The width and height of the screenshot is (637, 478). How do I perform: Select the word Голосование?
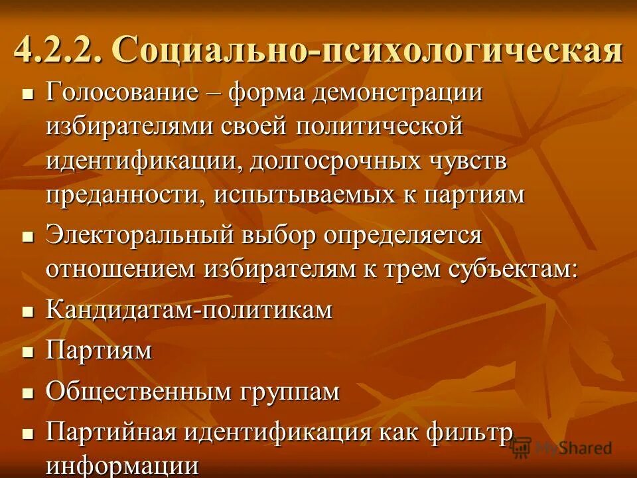[x=122, y=93]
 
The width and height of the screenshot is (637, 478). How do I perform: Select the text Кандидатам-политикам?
[x=189, y=310]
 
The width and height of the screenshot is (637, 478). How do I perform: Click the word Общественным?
[x=138, y=392]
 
